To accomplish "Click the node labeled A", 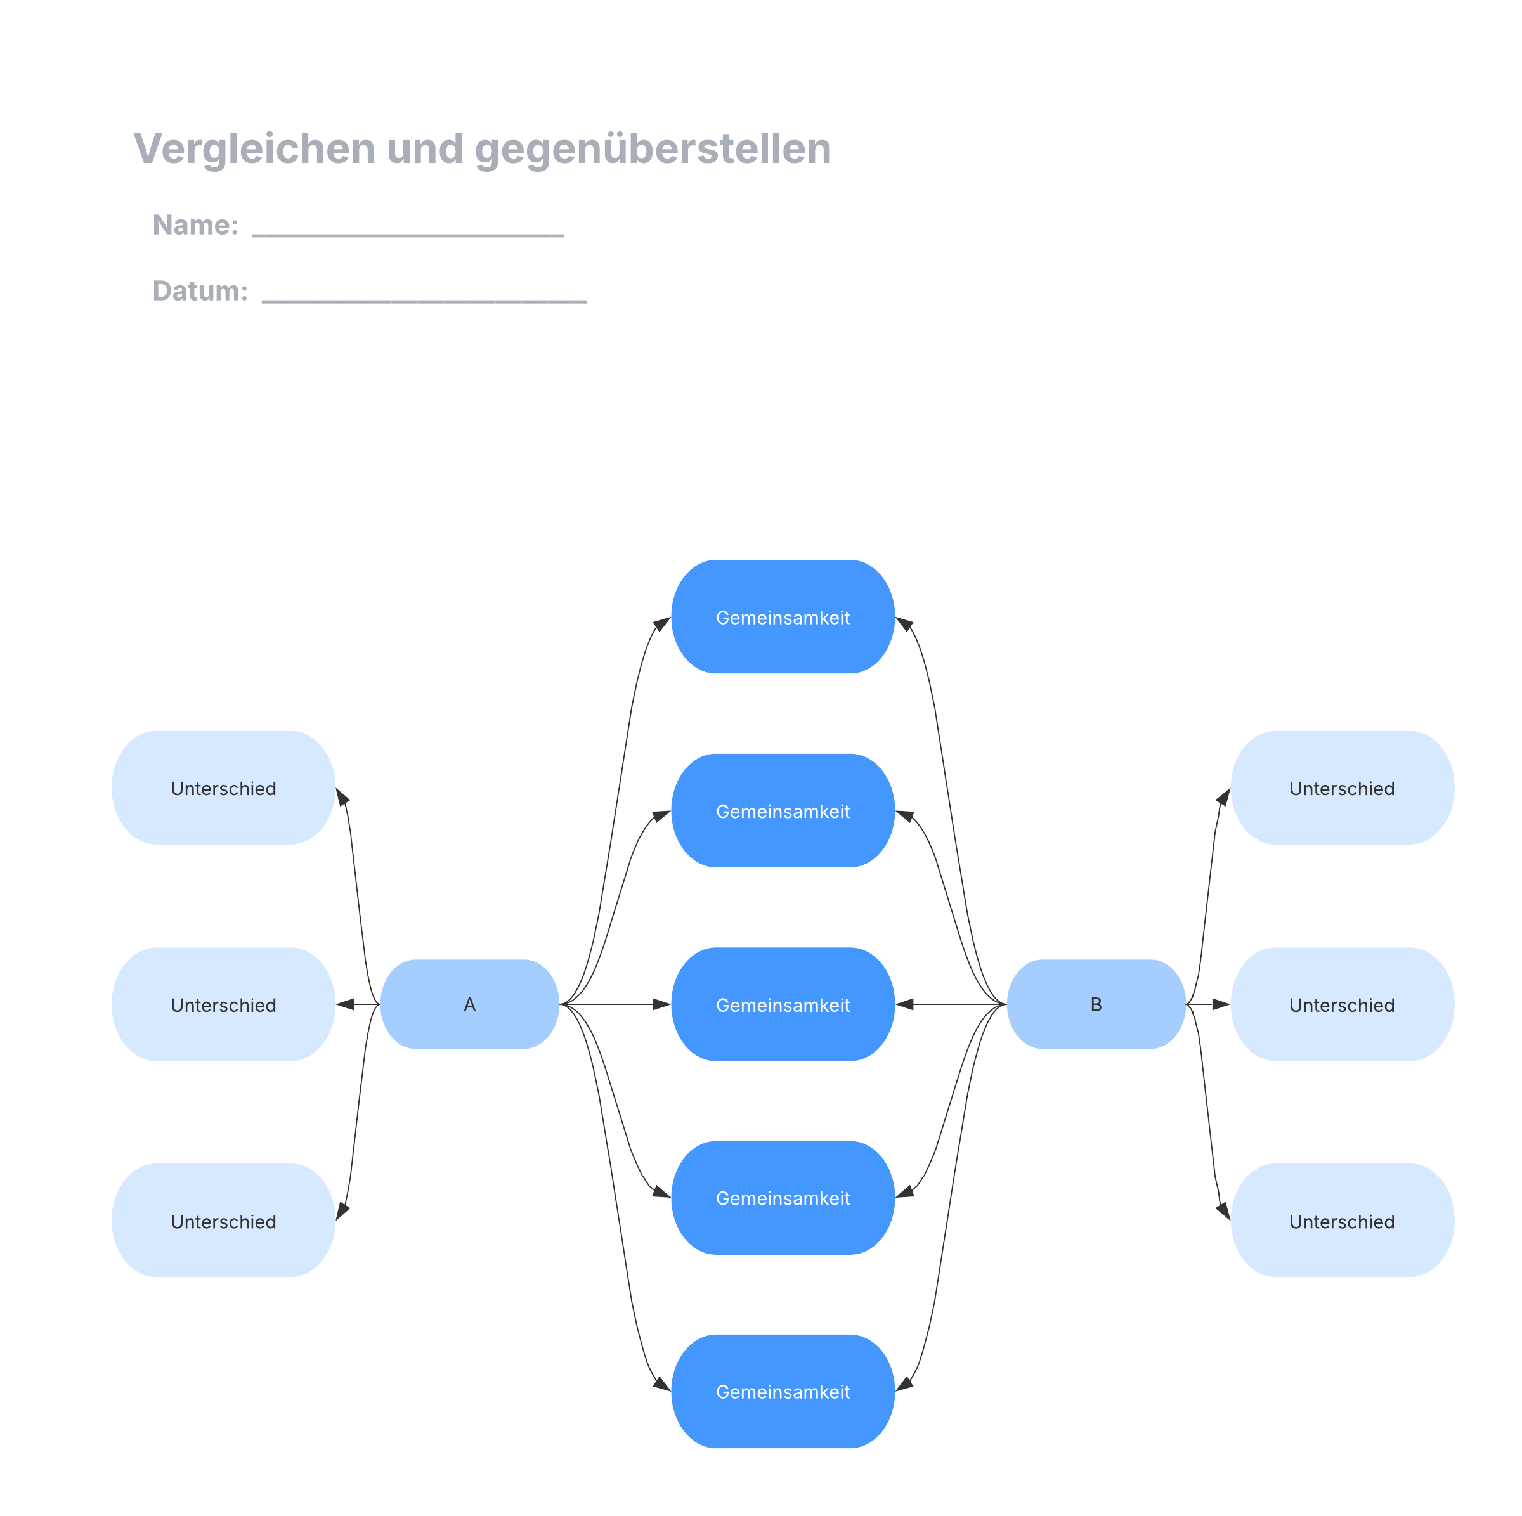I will tap(469, 1004).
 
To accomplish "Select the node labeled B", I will tap(1096, 1004).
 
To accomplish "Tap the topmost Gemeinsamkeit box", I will tap(783, 618).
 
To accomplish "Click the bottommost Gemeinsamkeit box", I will tap(783, 1392).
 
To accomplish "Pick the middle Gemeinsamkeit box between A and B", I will tap(783, 1005).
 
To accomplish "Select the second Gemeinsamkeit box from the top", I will tap(783, 811).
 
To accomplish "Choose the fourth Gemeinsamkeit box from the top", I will tap(783, 1198).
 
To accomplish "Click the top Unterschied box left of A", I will tap(224, 788).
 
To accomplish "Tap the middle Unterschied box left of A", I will tap(224, 1005).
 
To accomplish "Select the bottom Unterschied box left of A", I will tap(224, 1221).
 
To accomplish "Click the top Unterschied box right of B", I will tap(1342, 788).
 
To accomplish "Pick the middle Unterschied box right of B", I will tap(1342, 1005).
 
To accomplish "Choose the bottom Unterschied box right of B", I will tap(1342, 1221).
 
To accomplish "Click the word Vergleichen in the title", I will tap(254, 149).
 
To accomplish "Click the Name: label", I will tap(195, 225).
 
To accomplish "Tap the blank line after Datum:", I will tap(424, 300).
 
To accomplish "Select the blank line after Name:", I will tap(407, 234).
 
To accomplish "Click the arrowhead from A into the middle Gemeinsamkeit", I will tap(661, 1004).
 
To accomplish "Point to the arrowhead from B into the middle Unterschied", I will tap(1220, 1004).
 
